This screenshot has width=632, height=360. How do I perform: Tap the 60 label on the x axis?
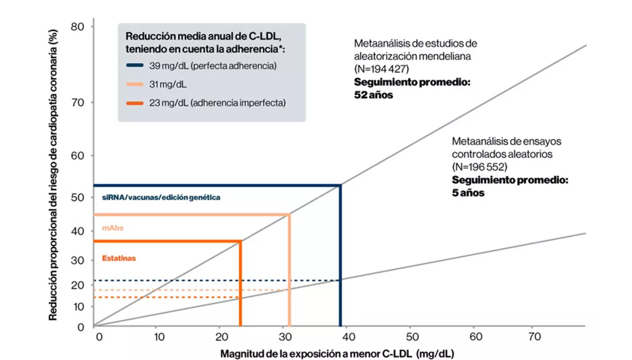pyautogui.click(x=476, y=337)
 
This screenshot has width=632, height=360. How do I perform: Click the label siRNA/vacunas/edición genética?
pyautogui.click(x=161, y=198)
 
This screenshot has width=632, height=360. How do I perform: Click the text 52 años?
pyautogui.click(x=374, y=94)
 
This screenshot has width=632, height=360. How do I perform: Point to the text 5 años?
pyautogui.click(x=468, y=193)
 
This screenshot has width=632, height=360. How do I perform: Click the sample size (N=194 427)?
pyautogui.click(x=386, y=69)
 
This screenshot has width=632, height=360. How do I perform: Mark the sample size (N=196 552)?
pyautogui.click(x=483, y=167)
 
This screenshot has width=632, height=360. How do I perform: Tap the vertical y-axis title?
pyautogui.click(x=54, y=176)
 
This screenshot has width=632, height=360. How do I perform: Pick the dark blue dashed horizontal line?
pyautogui.click(x=217, y=280)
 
